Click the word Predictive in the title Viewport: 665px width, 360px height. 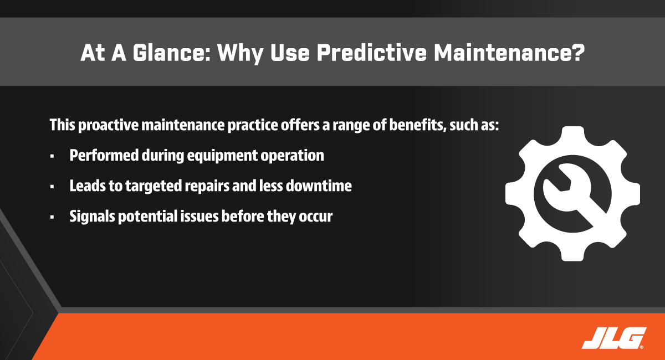[x=371, y=53]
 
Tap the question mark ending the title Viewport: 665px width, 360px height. [x=577, y=53]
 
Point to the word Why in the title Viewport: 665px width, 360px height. [x=240, y=53]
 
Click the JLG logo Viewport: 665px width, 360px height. [x=614, y=338]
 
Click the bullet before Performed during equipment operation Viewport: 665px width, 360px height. [x=52, y=156]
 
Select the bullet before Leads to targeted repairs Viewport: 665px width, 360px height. [x=52, y=187]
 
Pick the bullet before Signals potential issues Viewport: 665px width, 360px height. [x=52, y=217]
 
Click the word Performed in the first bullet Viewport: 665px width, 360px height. [x=104, y=155]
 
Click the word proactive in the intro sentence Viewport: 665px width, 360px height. [x=109, y=125]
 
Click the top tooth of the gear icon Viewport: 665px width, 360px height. [x=573, y=136]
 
